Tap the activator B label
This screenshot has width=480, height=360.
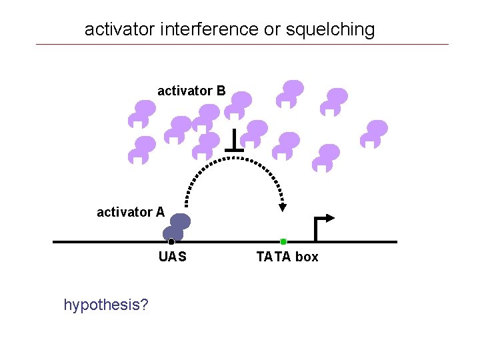(x=191, y=90)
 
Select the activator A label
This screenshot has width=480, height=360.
(x=131, y=212)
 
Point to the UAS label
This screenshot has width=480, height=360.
(x=173, y=257)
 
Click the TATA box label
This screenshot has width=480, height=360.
(x=287, y=257)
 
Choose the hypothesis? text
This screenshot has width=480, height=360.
(x=106, y=305)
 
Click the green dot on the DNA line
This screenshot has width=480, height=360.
(x=283, y=241)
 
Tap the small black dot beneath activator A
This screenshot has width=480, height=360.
(x=171, y=241)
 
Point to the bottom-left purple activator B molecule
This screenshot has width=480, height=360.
(x=141, y=149)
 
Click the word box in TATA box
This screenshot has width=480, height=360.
(x=307, y=257)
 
